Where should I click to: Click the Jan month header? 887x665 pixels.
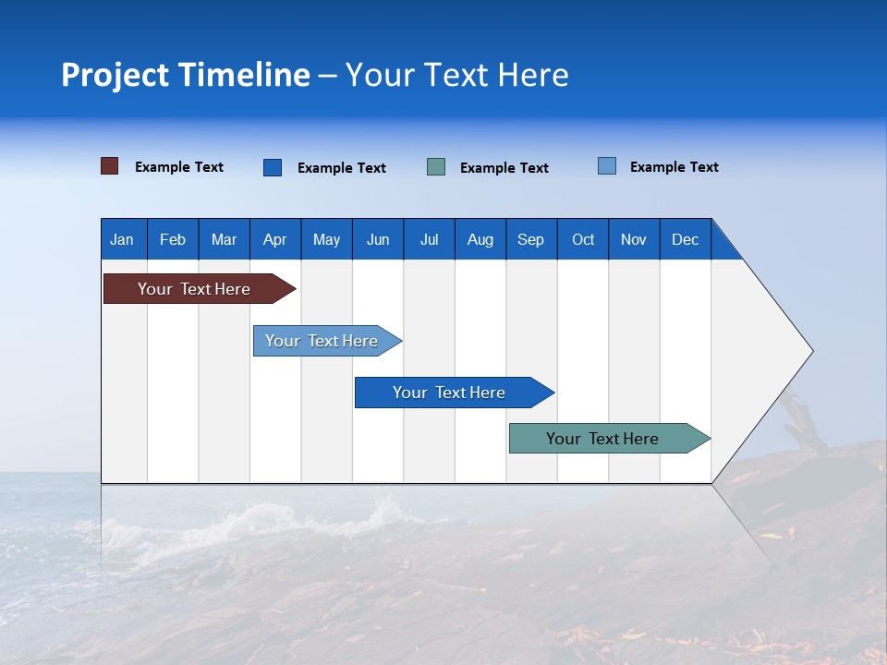(x=123, y=239)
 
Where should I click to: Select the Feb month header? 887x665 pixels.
(x=173, y=239)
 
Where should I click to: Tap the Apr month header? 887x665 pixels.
(x=274, y=239)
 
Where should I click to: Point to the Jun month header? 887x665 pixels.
(x=377, y=239)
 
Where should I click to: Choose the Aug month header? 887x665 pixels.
(x=480, y=239)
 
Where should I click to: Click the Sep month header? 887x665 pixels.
(x=530, y=239)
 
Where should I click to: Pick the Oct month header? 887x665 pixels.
(x=582, y=239)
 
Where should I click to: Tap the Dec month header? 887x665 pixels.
(x=685, y=239)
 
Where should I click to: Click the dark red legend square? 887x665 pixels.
(x=110, y=166)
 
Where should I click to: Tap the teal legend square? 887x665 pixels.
(x=436, y=167)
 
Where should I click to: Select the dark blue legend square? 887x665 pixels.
(x=273, y=167)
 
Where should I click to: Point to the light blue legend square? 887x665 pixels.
(x=607, y=166)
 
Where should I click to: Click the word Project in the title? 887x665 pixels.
(x=115, y=75)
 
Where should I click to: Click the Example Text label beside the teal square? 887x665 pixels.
(x=504, y=168)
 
